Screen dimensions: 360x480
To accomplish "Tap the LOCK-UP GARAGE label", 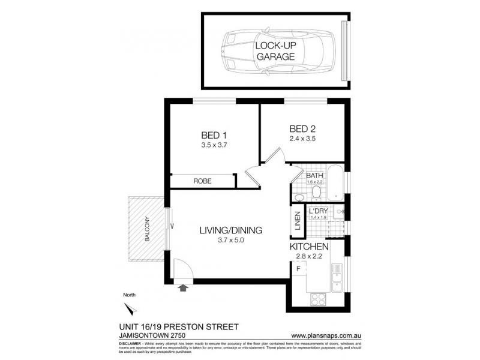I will click(x=275, y=52).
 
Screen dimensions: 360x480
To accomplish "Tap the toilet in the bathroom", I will click(x=316, y=191).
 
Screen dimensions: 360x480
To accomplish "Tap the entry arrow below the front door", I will click(x=183, y=288).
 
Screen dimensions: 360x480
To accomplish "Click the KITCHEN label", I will click(x=308, y=247).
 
